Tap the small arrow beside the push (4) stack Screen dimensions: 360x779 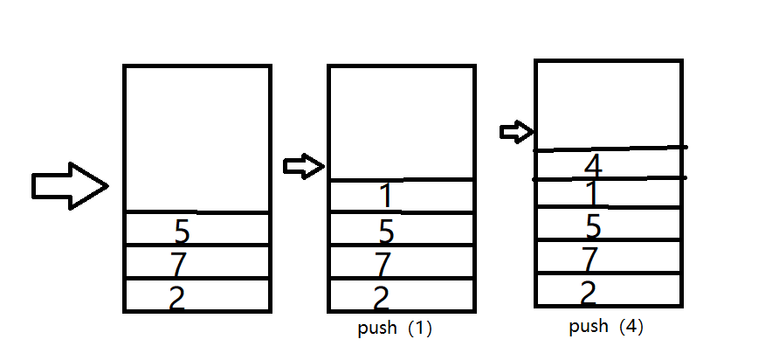click(x=516, y=132)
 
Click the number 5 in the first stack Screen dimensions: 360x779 click(x=182, y=231)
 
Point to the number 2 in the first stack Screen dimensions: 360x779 click(x=176, y=297)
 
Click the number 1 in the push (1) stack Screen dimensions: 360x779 click(x=387, y=197)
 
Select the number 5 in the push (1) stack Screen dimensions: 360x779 click(x=386, y=231)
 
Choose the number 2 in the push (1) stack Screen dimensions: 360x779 click(x=381, y=297)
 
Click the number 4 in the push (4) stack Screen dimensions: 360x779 click(x=593, y=164)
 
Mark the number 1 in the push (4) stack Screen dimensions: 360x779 click(x=592, y=193)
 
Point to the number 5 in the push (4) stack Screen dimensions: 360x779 click(x=593, y=225)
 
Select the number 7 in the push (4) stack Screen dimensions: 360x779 click(x=590, y=259)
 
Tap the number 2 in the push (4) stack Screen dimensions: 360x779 click(x=588, y=291)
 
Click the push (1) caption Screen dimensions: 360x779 click(x=395, y=329)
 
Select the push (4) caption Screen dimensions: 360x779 click(x=606, y=327)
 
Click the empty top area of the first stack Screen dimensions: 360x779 click(x=197, y=138)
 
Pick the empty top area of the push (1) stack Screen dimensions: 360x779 click(x=402, y=122)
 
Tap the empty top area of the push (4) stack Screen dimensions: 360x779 click(x=609, y=103)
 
